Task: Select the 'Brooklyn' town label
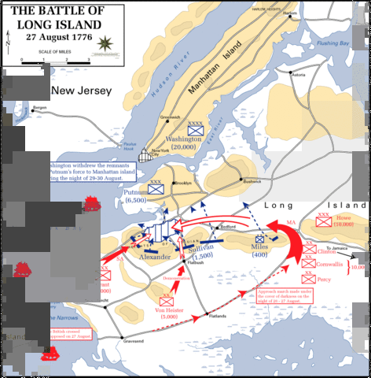coord(183,183)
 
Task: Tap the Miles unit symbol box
coord(259,239)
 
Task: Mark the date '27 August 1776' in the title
coord(49,36)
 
